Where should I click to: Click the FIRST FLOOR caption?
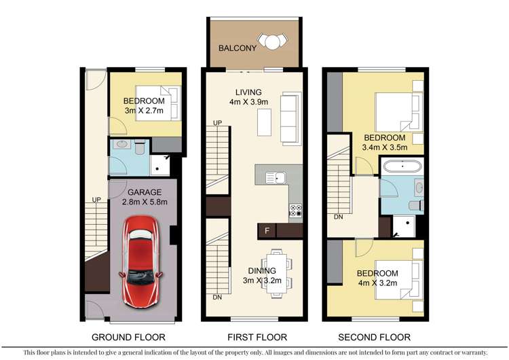pos(253,337)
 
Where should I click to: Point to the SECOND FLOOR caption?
pos(375,337)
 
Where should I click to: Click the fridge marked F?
pos(267,231)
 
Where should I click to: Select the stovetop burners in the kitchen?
pos(296,211)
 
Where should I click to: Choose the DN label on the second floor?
pos(337,217)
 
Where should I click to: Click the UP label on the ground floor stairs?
pos(97,200)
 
